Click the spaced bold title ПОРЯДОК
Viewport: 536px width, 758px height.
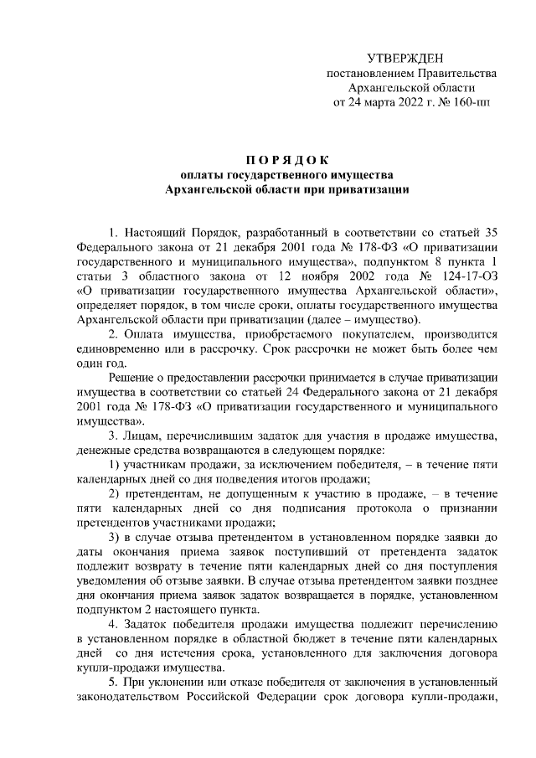click(288, 159)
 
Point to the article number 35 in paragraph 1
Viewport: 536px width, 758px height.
click(493, 231)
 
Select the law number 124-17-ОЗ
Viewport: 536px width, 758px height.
click(468, 276)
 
